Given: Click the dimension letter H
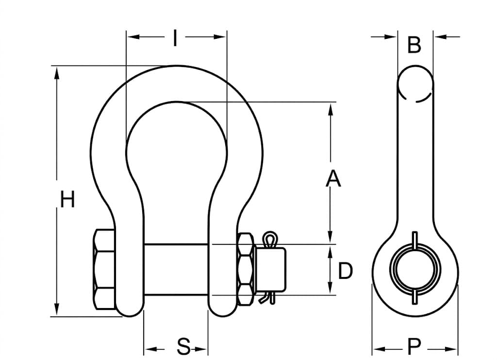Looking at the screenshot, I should [x=67, y=200].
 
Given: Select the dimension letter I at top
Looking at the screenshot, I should [x=175, y=38].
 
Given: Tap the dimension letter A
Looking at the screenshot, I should [x=333, y=179].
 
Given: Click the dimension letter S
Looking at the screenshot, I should [x=183, y=347].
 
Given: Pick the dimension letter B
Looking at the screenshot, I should [x=414, y=46].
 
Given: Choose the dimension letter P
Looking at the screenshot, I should [x=414, y=347].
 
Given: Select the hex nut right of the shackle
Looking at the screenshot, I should [x=246, y=269].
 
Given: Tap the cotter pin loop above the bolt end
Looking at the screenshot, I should [x=269, y=239].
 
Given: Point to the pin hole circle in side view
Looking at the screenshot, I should [x=414, y=269].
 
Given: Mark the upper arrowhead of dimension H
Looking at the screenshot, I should [x=57, y=73].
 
